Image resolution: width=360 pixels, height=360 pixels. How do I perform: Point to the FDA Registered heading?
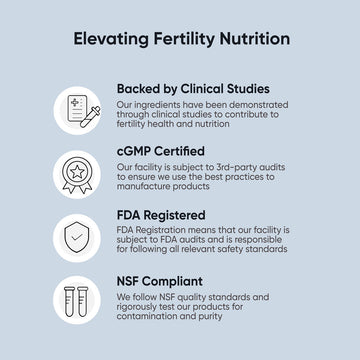tap(161, 214)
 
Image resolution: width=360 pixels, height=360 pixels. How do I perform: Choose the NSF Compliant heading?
tap(160, 281)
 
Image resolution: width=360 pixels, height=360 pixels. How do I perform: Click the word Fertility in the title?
tap(180, 39)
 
